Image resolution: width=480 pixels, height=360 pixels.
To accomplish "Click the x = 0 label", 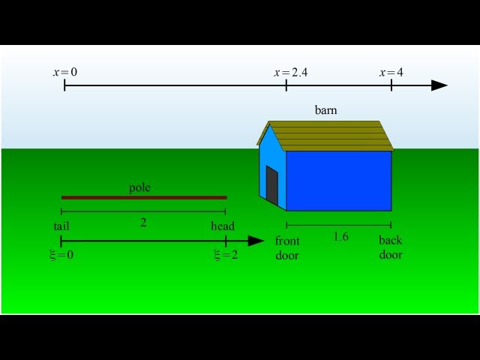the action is pyautogui.click(x=65, y=72).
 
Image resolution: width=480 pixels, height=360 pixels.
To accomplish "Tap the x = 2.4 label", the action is pyautogui.click(x=291, y=73).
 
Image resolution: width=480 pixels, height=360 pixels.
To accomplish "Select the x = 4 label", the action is pyautogui.click(x=391, y=73).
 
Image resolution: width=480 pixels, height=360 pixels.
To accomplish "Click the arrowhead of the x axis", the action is pyautogui.click(x=439, y=85).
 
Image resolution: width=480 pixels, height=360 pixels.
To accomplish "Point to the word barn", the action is pyautogui.click(x=326, y=110).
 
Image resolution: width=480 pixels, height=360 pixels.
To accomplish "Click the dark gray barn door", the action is pyautogui.click(x=271, y=185).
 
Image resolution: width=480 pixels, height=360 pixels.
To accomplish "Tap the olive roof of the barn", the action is pyautogui.click(x=328, y=136).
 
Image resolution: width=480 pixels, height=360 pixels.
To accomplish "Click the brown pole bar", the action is pyautogui.click(x=144, y=197).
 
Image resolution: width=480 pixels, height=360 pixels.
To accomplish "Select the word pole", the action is pyautogui.click(x=140, y=187).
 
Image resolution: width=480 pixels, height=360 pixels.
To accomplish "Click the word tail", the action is pyautogui.click(x=61, y=226).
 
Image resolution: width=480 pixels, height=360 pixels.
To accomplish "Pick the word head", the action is pyautogui.click(x=223, y=226).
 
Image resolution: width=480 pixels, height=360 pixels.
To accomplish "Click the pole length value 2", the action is pyautogui.click(x=143, y=223).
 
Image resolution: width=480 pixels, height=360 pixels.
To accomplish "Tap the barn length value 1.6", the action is pyautogui.click(x=340, y=237).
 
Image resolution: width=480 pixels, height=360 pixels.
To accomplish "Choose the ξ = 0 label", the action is pyautogui.click(x=61, y=255).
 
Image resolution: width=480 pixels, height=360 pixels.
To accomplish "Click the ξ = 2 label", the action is pyautogui.click(x=226, y=255).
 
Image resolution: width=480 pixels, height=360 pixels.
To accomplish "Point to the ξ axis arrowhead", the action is pyautogui.click(x=256, y=241).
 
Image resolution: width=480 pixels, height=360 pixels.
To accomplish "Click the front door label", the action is pyautogui.click(x=287, y=248).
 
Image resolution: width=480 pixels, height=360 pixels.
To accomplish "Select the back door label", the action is pyautogui.click(x=391, y=247).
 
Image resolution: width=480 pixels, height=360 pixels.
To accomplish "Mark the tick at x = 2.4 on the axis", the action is pyautogui.click(x=286, y=85).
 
